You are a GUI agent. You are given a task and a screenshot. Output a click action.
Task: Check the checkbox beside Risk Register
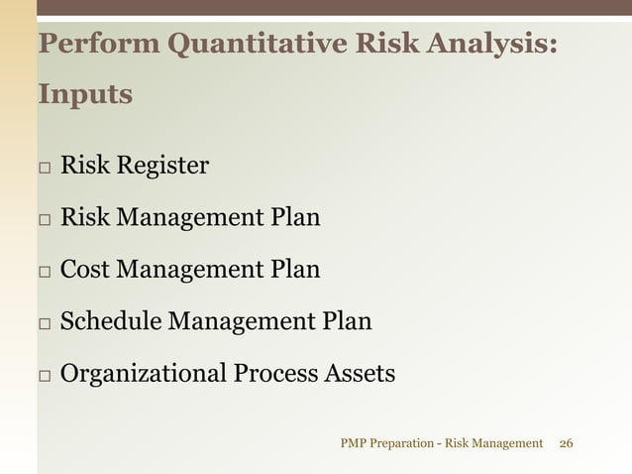coord(46,167)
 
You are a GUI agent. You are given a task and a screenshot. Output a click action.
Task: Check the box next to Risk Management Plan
coord(46,218)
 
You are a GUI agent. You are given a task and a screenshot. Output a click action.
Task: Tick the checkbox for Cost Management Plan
coord(46,271)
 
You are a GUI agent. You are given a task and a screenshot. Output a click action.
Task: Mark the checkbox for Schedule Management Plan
coord(46,323)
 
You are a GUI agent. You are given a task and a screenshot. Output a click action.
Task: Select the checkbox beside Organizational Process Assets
coord(46,376)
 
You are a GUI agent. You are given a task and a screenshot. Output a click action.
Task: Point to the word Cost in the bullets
coord(84,269)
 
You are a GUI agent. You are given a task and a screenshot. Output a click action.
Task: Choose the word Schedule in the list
coord(111,321)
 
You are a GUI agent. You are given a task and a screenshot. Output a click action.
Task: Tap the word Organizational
coord(144,374)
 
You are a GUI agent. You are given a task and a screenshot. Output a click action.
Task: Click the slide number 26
coord(567,443)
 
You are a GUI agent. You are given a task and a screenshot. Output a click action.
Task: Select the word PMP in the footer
coord(352,443)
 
